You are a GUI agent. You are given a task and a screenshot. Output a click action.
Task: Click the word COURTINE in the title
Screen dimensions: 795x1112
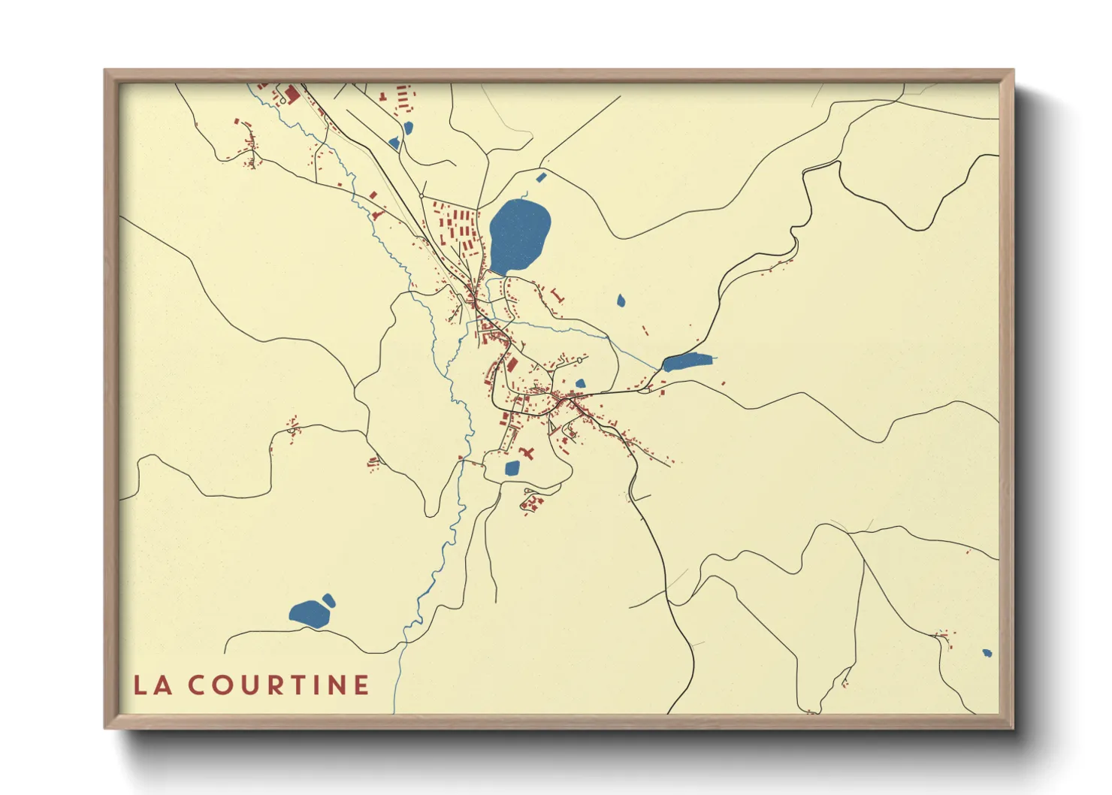click(x=278, y=685)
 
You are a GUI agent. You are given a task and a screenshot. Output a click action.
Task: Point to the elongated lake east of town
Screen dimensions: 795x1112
click(x=687, y=361)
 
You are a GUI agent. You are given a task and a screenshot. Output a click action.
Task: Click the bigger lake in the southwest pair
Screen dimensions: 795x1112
click(x=309, y=614)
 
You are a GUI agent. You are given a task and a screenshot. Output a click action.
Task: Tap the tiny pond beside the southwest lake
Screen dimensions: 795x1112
click(x=328, y=600)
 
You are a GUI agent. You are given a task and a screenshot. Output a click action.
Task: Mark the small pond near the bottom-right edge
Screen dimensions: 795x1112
click(x=987, y=653)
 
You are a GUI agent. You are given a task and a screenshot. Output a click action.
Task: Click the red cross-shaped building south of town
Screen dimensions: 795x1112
click(x=529, y=452)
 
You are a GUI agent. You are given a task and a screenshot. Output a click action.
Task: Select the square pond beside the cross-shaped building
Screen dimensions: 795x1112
click(x=512, y=468)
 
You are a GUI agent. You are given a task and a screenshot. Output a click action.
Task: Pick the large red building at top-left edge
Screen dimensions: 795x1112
click(x=292, y=94)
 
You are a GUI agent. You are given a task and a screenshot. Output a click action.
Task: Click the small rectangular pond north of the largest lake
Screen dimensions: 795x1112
click(x=541, y=177)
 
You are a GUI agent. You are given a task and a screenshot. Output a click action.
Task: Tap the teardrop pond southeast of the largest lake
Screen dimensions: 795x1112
click(x=621, y=301)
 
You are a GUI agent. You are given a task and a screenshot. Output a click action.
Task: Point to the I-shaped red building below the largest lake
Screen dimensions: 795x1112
click(x=556, y=294)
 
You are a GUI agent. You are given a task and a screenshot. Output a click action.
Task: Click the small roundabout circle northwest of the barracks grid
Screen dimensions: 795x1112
click(x=422, y=195)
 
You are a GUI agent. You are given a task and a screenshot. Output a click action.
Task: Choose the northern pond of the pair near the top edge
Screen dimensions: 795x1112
click(x=408, y=128)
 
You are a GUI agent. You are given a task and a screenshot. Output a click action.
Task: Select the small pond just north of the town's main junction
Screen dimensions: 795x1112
click(x=579, y=383)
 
